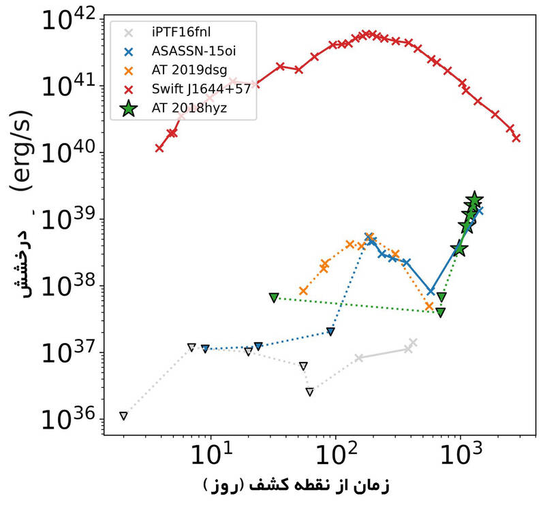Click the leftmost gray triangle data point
coord(123,416)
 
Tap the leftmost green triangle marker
coord(274,297)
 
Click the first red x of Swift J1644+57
coord(159,148)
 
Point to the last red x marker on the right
coord(516,138)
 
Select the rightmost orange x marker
coord(429,307)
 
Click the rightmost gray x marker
coord(413,342)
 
